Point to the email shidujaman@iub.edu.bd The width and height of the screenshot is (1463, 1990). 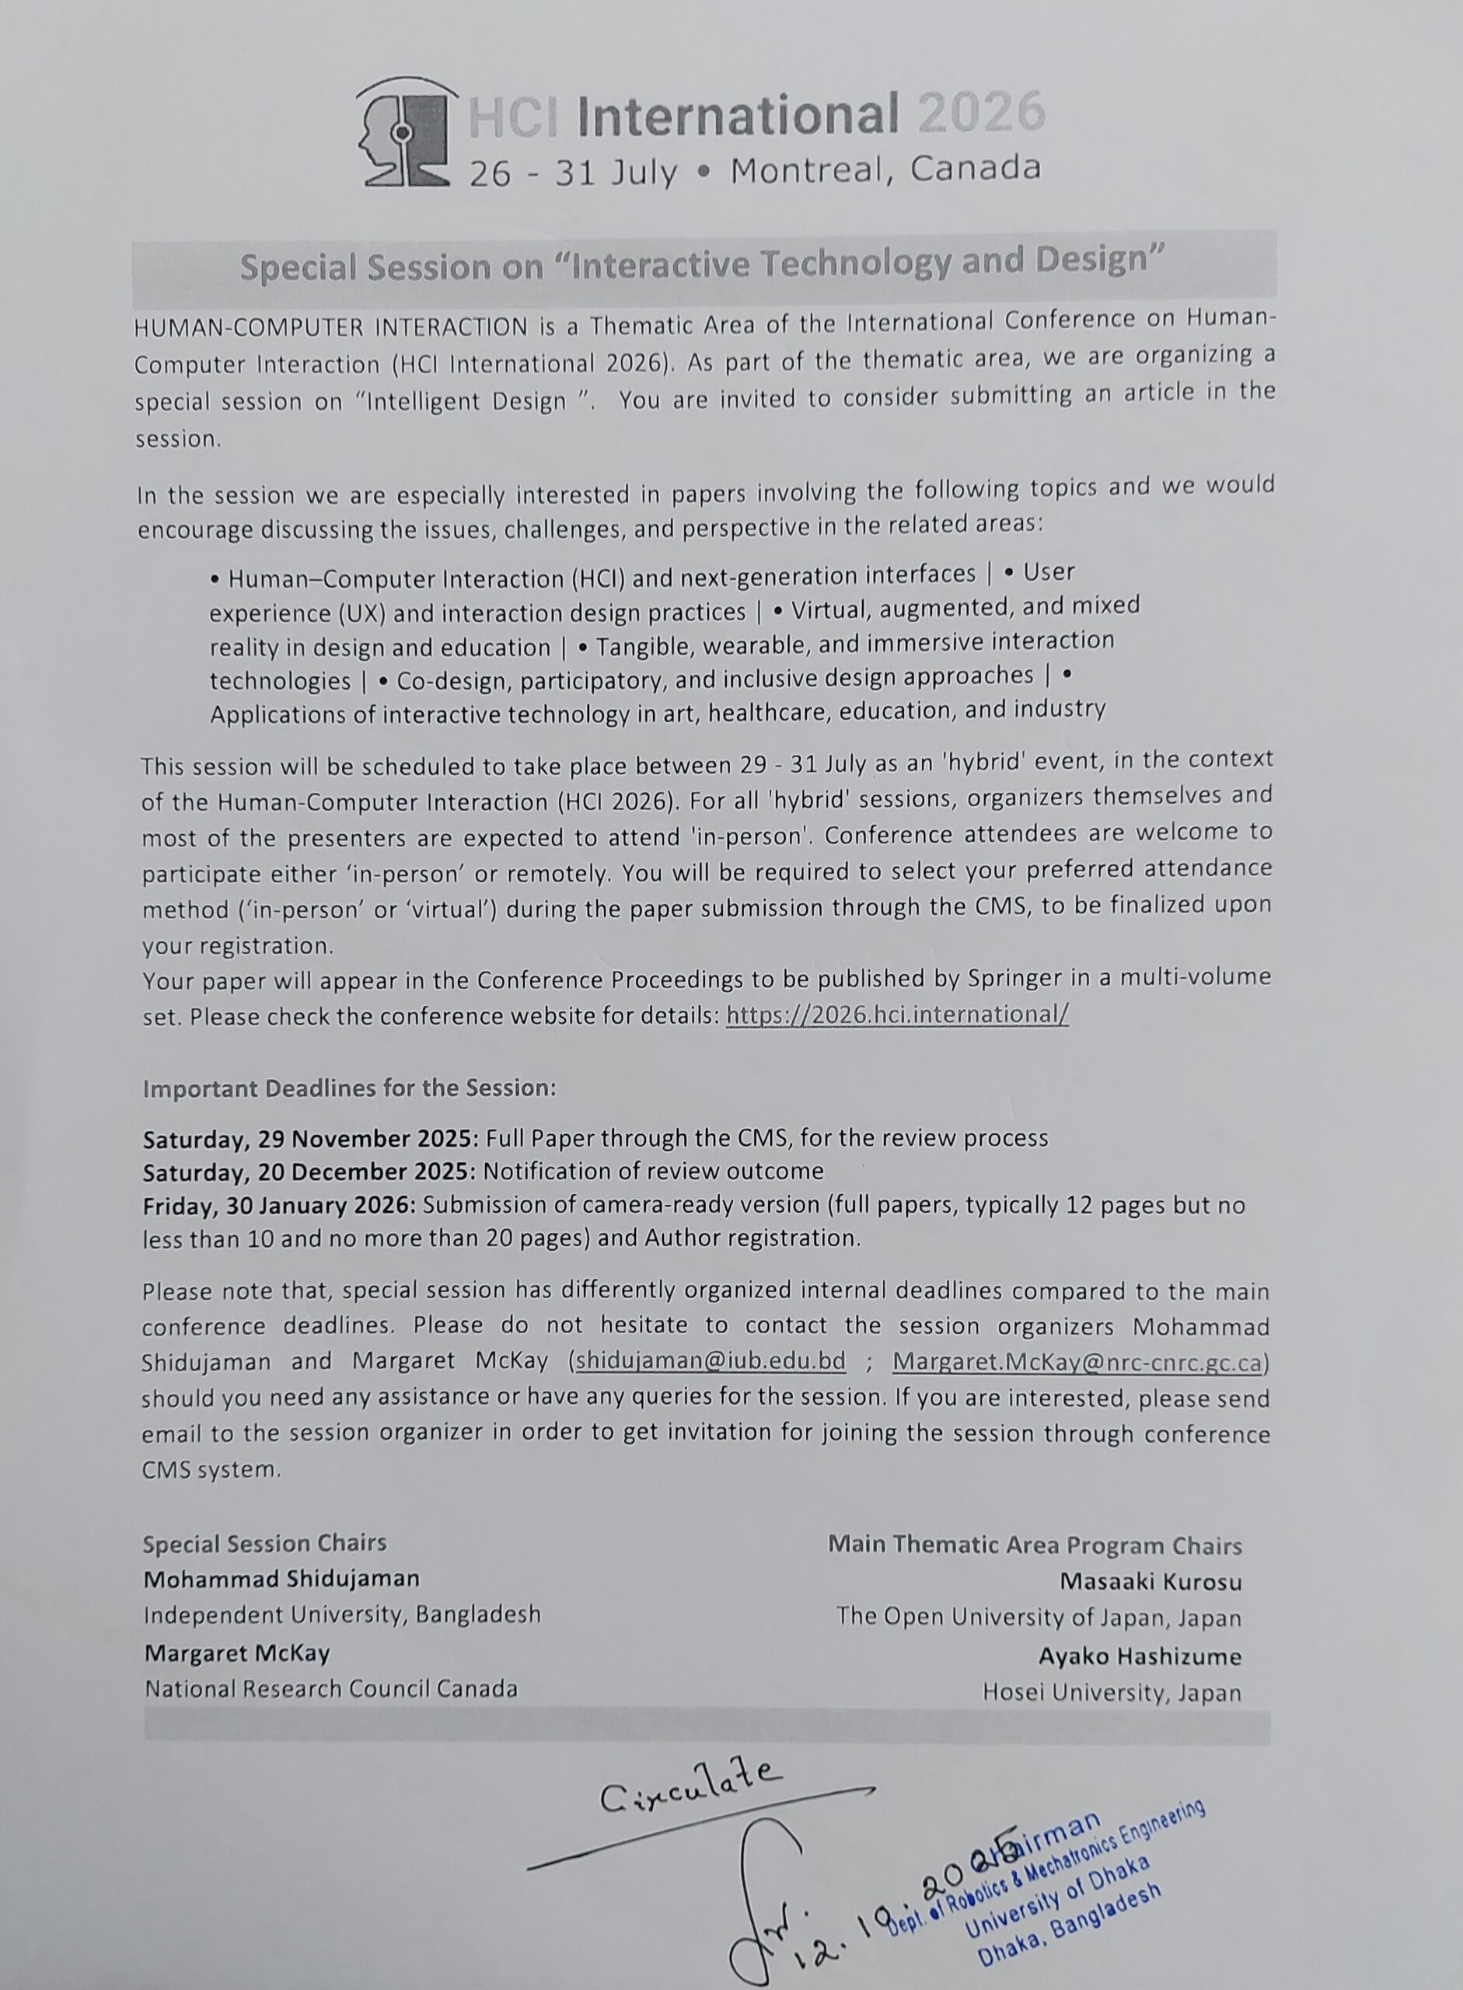[711, 1361]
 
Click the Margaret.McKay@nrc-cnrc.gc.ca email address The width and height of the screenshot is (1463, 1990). [1076, 1361]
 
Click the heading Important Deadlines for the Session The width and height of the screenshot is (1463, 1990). [349, 1088]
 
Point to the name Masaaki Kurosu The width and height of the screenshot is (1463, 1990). [1150, 1582]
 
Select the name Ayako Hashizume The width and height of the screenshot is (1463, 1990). [1140, 1656]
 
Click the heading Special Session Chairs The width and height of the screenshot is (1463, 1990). [265, 1544]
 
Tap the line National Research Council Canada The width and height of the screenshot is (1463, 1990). [331, 1689]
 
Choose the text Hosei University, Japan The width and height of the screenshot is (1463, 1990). [1112, 1692]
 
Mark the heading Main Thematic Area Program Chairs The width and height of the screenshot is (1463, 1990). [1035, 1545]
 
